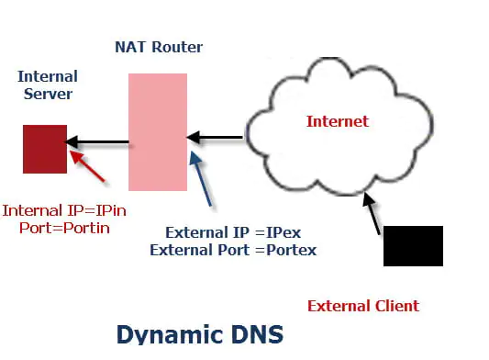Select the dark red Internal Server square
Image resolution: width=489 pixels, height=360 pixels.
[x=45, y=149]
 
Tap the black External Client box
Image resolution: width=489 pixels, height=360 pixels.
[x=413, y=245]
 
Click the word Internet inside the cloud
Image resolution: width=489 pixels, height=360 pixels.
[x=337, y=121]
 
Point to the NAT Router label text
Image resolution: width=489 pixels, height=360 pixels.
[x=159, y=47]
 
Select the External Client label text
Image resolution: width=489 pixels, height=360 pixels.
[x=362, y=306]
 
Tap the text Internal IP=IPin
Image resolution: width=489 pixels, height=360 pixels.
[x=63, y=210]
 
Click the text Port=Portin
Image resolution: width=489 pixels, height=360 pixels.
[x=64, y=228]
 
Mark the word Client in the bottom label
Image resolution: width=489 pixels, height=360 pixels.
[x=395, y=306]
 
